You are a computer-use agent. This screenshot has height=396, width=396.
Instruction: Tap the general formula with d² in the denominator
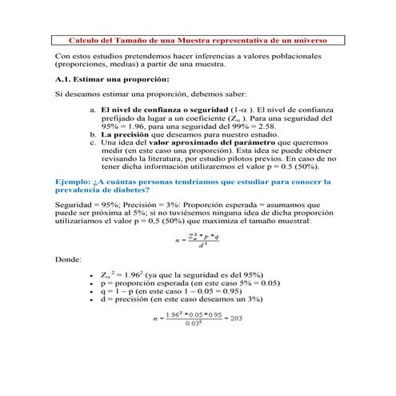(x=198, y=239)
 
